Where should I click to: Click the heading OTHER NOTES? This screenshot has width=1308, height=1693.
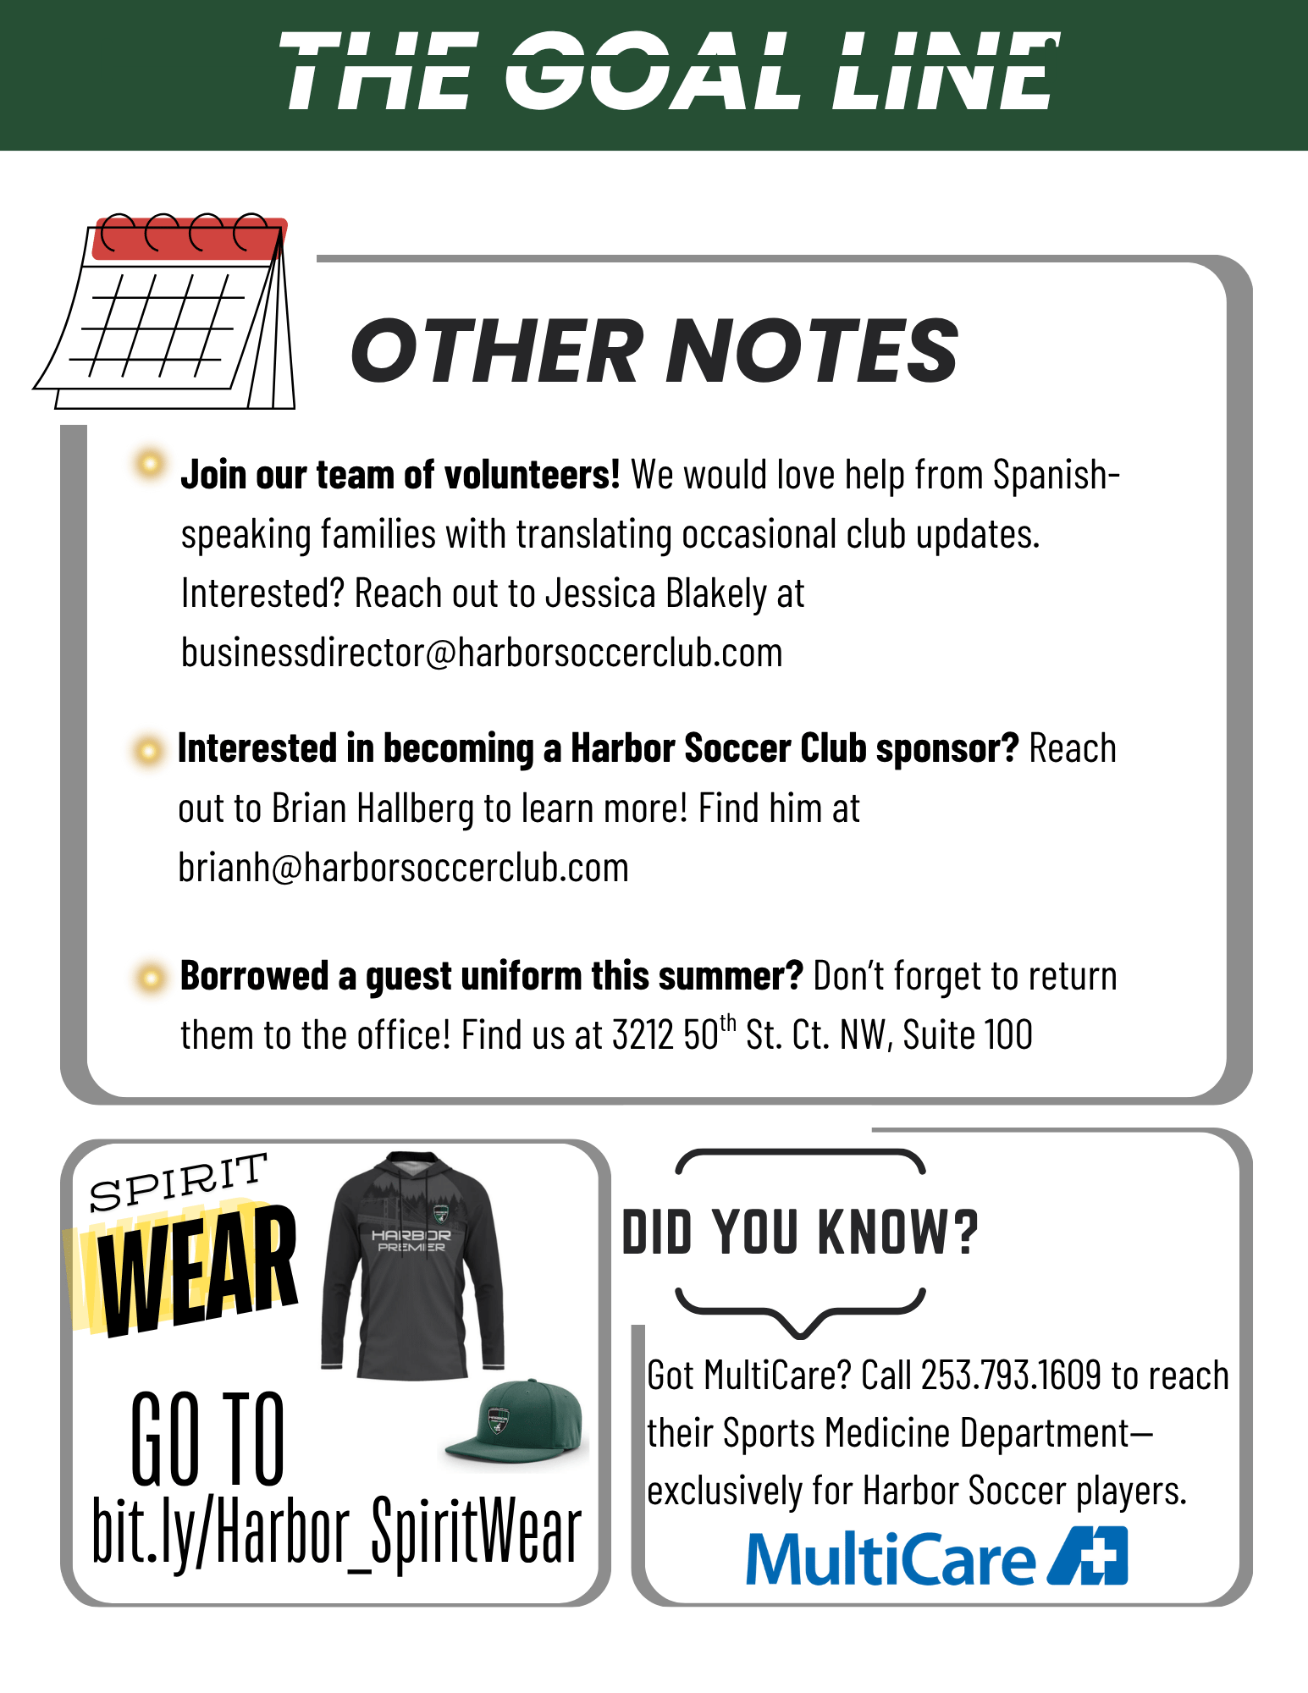pos(654,351)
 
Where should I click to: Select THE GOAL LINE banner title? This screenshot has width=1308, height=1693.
pos(669,71)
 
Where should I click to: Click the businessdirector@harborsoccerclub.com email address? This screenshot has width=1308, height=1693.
pos(482,653)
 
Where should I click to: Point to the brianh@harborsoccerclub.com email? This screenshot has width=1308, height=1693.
pos(403,869)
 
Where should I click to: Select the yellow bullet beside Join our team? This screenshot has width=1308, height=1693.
pos(150,463)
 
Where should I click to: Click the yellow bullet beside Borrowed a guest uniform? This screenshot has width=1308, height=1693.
pos(150,979)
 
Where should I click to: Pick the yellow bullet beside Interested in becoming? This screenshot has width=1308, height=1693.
pos(148,750)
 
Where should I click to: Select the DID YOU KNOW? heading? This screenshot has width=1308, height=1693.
pos(800,1233)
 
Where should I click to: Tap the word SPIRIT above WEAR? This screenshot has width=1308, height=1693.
pos(179,1182)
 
